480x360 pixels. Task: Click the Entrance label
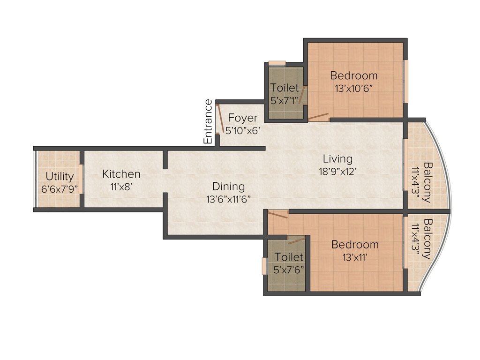(x=208, y=122)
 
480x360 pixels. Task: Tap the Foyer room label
(x=243, y=118)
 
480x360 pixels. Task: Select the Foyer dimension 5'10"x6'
(x=242, y=131)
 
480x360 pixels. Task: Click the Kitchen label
(x=121, y=174)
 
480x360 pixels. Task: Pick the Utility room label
(x=60, y=177)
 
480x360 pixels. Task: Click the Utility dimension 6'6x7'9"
(x=60, y=189)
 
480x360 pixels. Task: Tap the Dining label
(x=228, y=187)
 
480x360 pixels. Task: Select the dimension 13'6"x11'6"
(x=229, y=199)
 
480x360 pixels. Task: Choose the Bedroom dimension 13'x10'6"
(x=354, y=88)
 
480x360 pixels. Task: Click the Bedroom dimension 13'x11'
(x=355, y=257)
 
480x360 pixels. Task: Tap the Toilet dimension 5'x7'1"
(x=285, y=100)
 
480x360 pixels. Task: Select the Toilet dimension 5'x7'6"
(x=289, y=270)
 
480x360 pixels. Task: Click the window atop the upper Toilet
(x=277, y=63)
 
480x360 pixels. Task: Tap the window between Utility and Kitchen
(x=81, y=179)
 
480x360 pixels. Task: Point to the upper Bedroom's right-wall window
(x=406, y=81)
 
